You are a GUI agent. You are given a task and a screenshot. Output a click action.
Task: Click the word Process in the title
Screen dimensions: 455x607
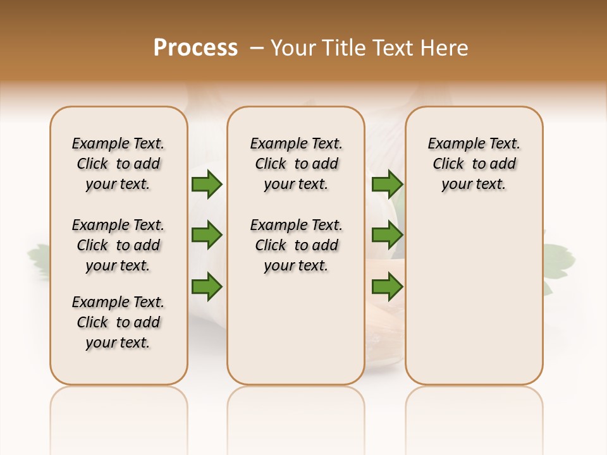[x=195, y=48]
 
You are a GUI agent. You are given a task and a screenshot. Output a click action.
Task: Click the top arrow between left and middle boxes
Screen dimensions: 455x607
[x=207, y=185]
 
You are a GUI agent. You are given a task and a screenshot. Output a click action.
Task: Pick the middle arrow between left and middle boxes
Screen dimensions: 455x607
[x=207, y=236]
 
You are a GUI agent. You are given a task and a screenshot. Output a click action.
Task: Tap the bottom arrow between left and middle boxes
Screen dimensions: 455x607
[x=207, y=287]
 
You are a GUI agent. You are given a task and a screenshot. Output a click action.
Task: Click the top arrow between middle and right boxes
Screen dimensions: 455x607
[x=387, y=185]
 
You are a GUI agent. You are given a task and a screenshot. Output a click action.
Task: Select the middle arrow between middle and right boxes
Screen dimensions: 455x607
[x=387, y=236]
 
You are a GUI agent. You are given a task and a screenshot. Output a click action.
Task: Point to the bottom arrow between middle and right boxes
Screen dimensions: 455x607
[x=387, y=287]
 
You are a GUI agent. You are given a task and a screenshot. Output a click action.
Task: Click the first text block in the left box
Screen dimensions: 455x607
[x=118, y=164]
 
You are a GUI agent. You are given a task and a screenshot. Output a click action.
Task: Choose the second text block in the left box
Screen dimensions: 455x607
[x=118, y=245]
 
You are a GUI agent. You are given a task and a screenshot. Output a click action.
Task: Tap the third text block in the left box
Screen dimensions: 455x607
[x=118, y=322]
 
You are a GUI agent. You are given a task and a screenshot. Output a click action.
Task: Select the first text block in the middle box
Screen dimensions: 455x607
[x=296, y=164]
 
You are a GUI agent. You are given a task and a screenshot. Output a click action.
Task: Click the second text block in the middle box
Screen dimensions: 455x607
[x=296, y=245]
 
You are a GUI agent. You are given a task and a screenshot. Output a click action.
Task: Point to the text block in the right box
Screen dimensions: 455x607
[x=474, y=164]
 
